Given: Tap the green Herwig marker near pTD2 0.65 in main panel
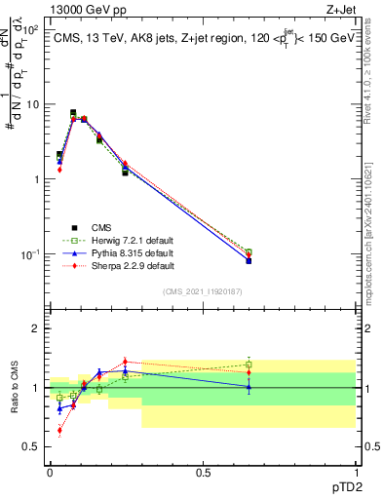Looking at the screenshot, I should [249, 252].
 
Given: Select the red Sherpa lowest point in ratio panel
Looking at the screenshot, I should [59, 430].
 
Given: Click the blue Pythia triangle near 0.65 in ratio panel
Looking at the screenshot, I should [249, 387].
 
